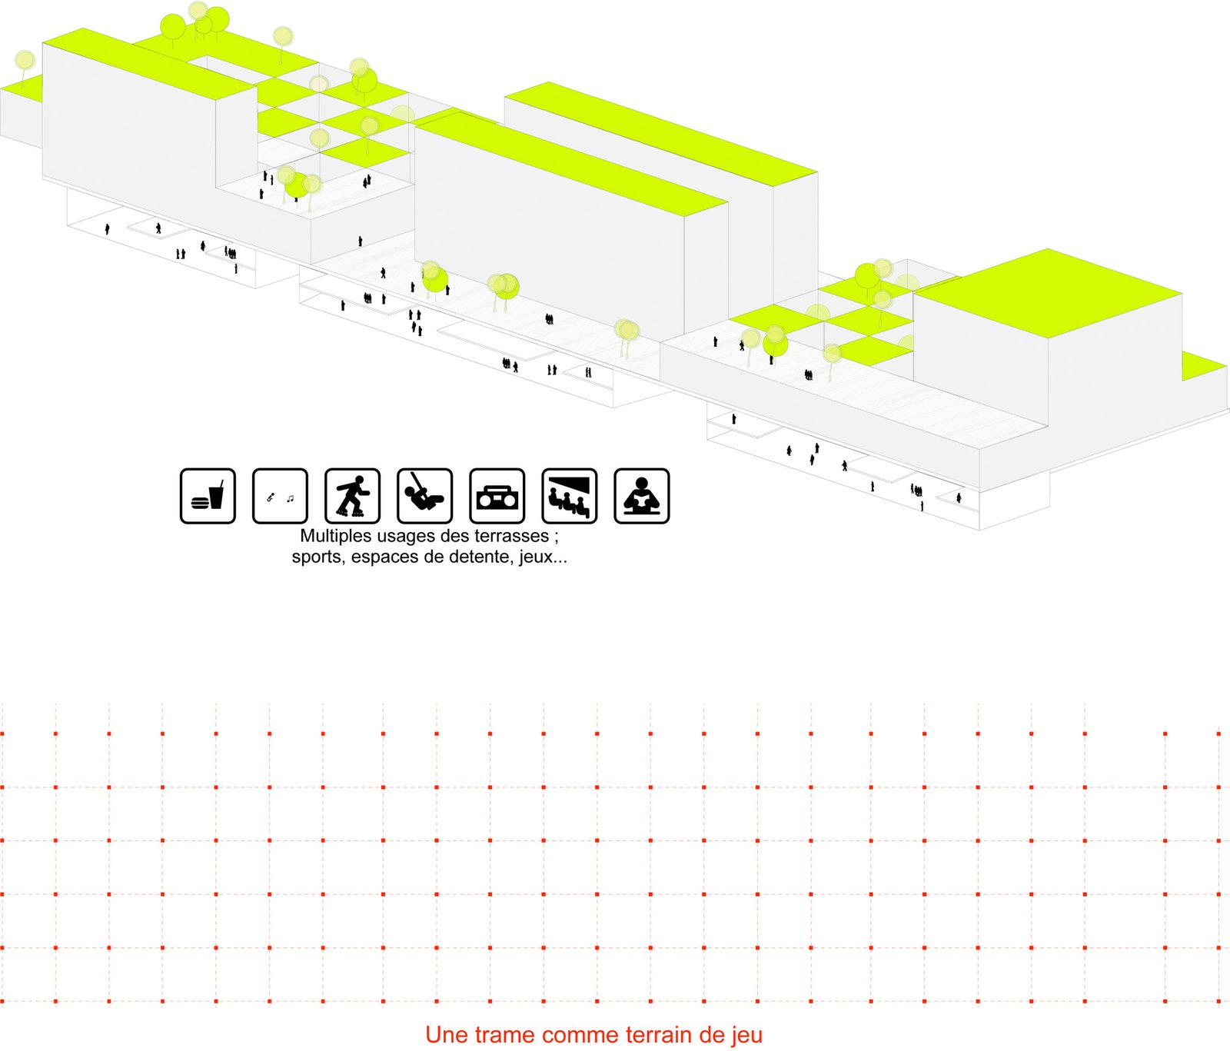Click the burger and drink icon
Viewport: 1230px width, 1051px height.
208,496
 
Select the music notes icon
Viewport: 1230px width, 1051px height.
280,496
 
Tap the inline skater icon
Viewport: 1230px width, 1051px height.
353,496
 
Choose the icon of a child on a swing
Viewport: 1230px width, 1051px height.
425,496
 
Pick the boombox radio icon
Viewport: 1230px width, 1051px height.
497,496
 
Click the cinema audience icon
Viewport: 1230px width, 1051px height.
570,496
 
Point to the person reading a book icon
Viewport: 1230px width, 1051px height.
642,496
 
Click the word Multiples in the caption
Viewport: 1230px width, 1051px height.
333,537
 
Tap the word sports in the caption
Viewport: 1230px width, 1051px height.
317,557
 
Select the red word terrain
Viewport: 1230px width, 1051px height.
660,1035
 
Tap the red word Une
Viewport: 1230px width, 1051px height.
447,1035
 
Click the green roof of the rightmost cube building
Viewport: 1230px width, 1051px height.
1049,292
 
